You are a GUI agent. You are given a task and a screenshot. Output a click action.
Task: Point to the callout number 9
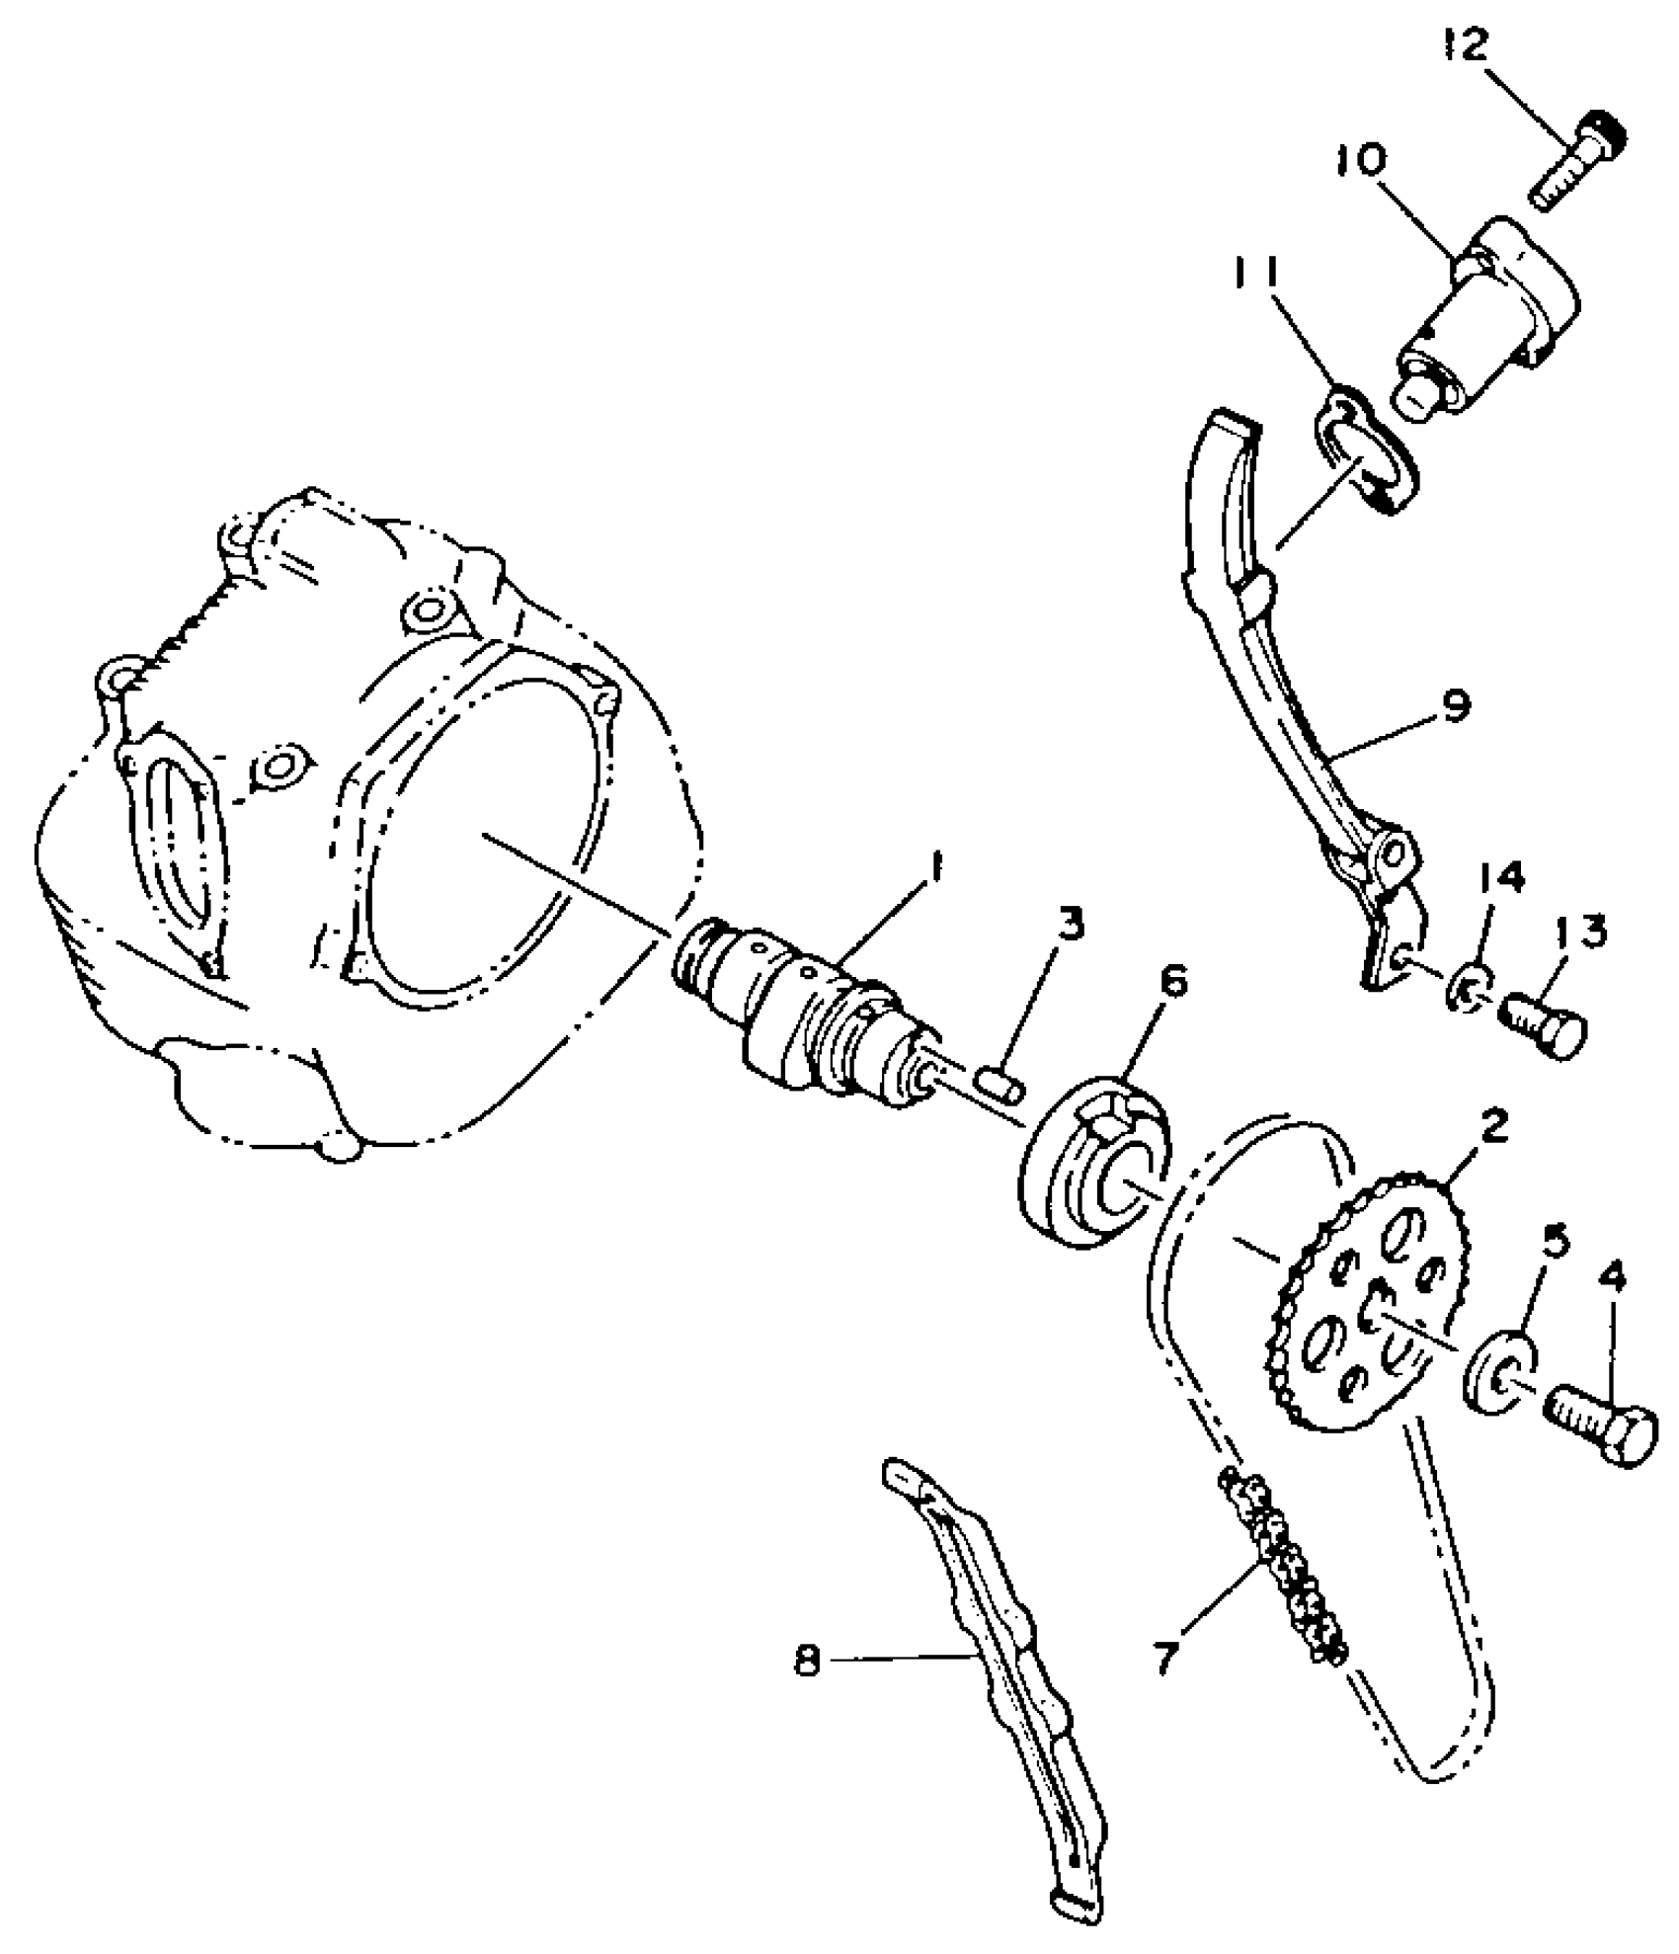click(1455, 707)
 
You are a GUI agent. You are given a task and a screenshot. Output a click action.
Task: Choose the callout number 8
click(807, 1662)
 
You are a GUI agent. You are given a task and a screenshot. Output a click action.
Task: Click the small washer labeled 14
click(1468, 993)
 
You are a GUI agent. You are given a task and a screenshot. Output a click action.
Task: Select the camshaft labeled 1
click(800, 1018)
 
